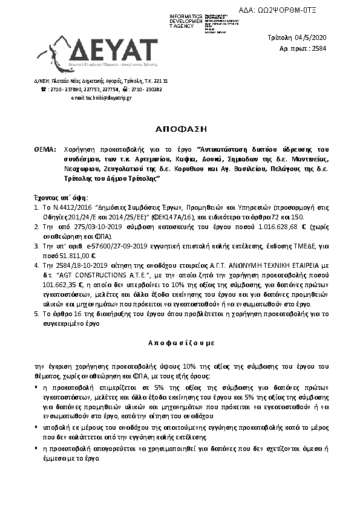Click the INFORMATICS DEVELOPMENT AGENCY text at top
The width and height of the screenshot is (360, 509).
click(x=186, y=20)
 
